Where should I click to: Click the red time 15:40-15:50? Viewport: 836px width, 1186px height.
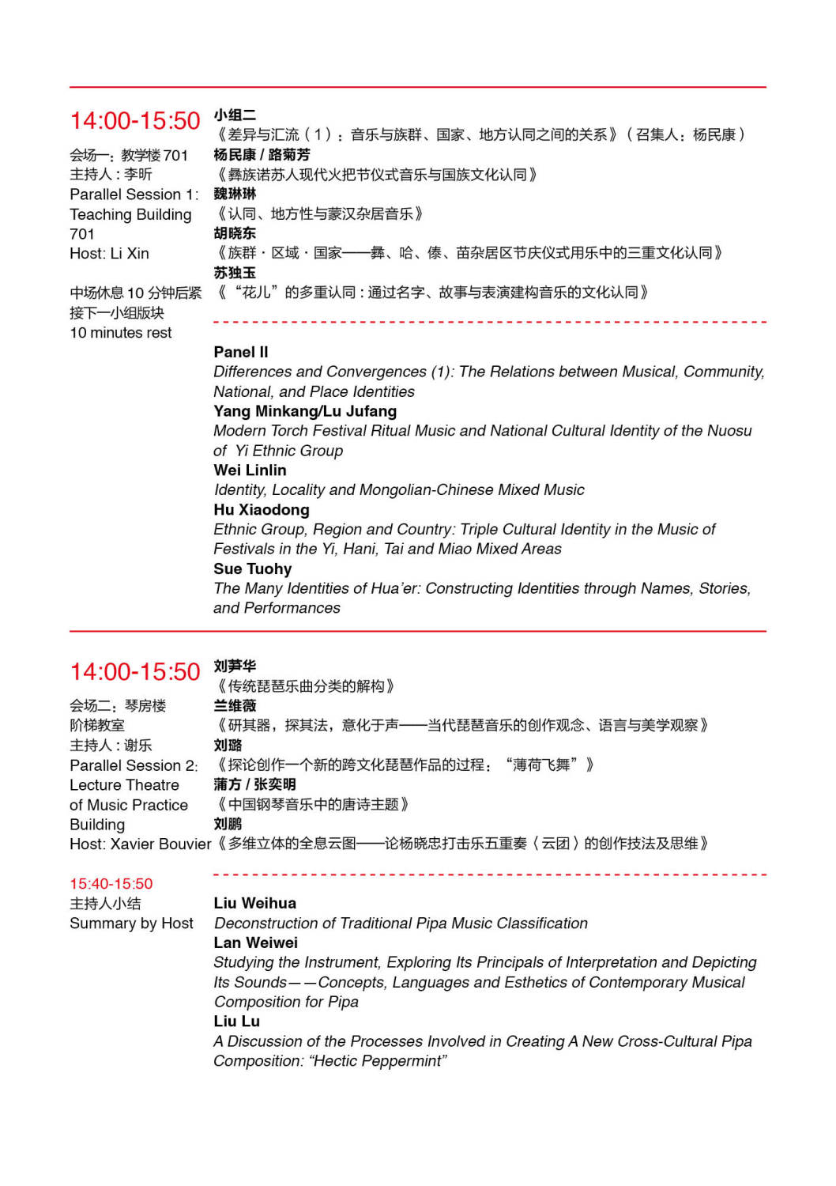(111, 884)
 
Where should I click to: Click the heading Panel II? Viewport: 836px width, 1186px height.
(240, 352)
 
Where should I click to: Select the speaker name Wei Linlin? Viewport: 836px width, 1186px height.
(250, 470)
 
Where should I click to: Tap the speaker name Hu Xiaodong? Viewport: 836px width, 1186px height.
(261, 510)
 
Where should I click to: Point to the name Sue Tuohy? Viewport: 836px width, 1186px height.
(252, 569)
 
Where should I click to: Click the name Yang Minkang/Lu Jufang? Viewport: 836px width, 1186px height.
(305, 411)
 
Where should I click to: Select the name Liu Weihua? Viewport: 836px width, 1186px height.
(254, 903)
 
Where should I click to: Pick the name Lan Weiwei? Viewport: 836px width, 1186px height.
(255, 942)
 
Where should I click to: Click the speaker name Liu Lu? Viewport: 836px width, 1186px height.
(236, 1022)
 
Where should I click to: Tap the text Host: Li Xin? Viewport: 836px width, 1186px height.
(109, 254)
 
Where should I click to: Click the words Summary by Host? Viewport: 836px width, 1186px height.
(131, 923)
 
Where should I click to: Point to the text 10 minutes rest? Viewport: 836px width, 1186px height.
(120, 333)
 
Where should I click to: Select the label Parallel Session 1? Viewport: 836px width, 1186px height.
(134, 195)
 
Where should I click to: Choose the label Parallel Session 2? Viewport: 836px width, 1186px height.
(134, 765)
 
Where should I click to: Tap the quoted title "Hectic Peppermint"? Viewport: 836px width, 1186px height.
(379, 1061)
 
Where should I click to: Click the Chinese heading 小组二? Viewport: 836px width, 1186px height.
(235, 115)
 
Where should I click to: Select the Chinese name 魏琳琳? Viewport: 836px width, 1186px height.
(235, 195)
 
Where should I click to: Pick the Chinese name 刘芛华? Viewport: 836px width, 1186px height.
(235, 667)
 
